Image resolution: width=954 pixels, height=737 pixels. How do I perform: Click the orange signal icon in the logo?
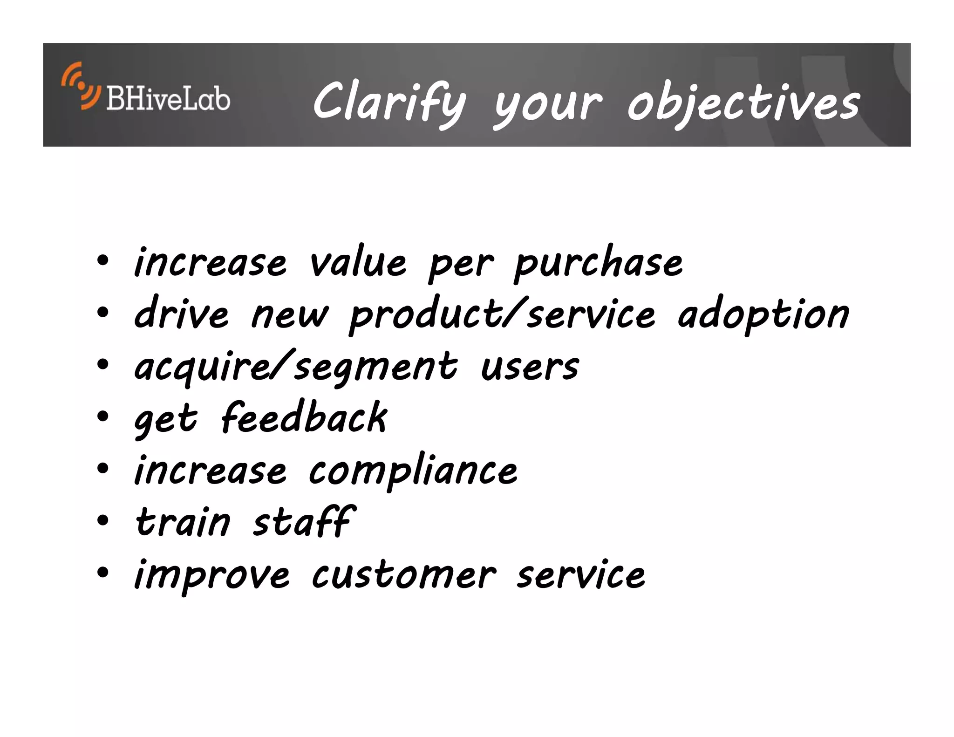(80, 86)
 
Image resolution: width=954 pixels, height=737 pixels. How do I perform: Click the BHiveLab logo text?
(168, 99)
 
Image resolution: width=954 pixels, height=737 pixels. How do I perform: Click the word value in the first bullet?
(358, 262)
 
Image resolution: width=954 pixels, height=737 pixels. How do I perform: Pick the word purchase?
(598, 263)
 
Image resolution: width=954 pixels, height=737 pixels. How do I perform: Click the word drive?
(181, 314)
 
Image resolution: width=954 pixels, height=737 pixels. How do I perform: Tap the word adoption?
(763, 315)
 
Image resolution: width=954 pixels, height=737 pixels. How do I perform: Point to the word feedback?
(304, 418)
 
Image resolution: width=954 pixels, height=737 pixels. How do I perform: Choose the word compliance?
(413, 471)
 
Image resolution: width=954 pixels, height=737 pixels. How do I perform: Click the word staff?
(304, 522)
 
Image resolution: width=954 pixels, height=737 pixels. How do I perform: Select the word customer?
(403, 575)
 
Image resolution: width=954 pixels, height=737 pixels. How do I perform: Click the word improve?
(212, 576)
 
